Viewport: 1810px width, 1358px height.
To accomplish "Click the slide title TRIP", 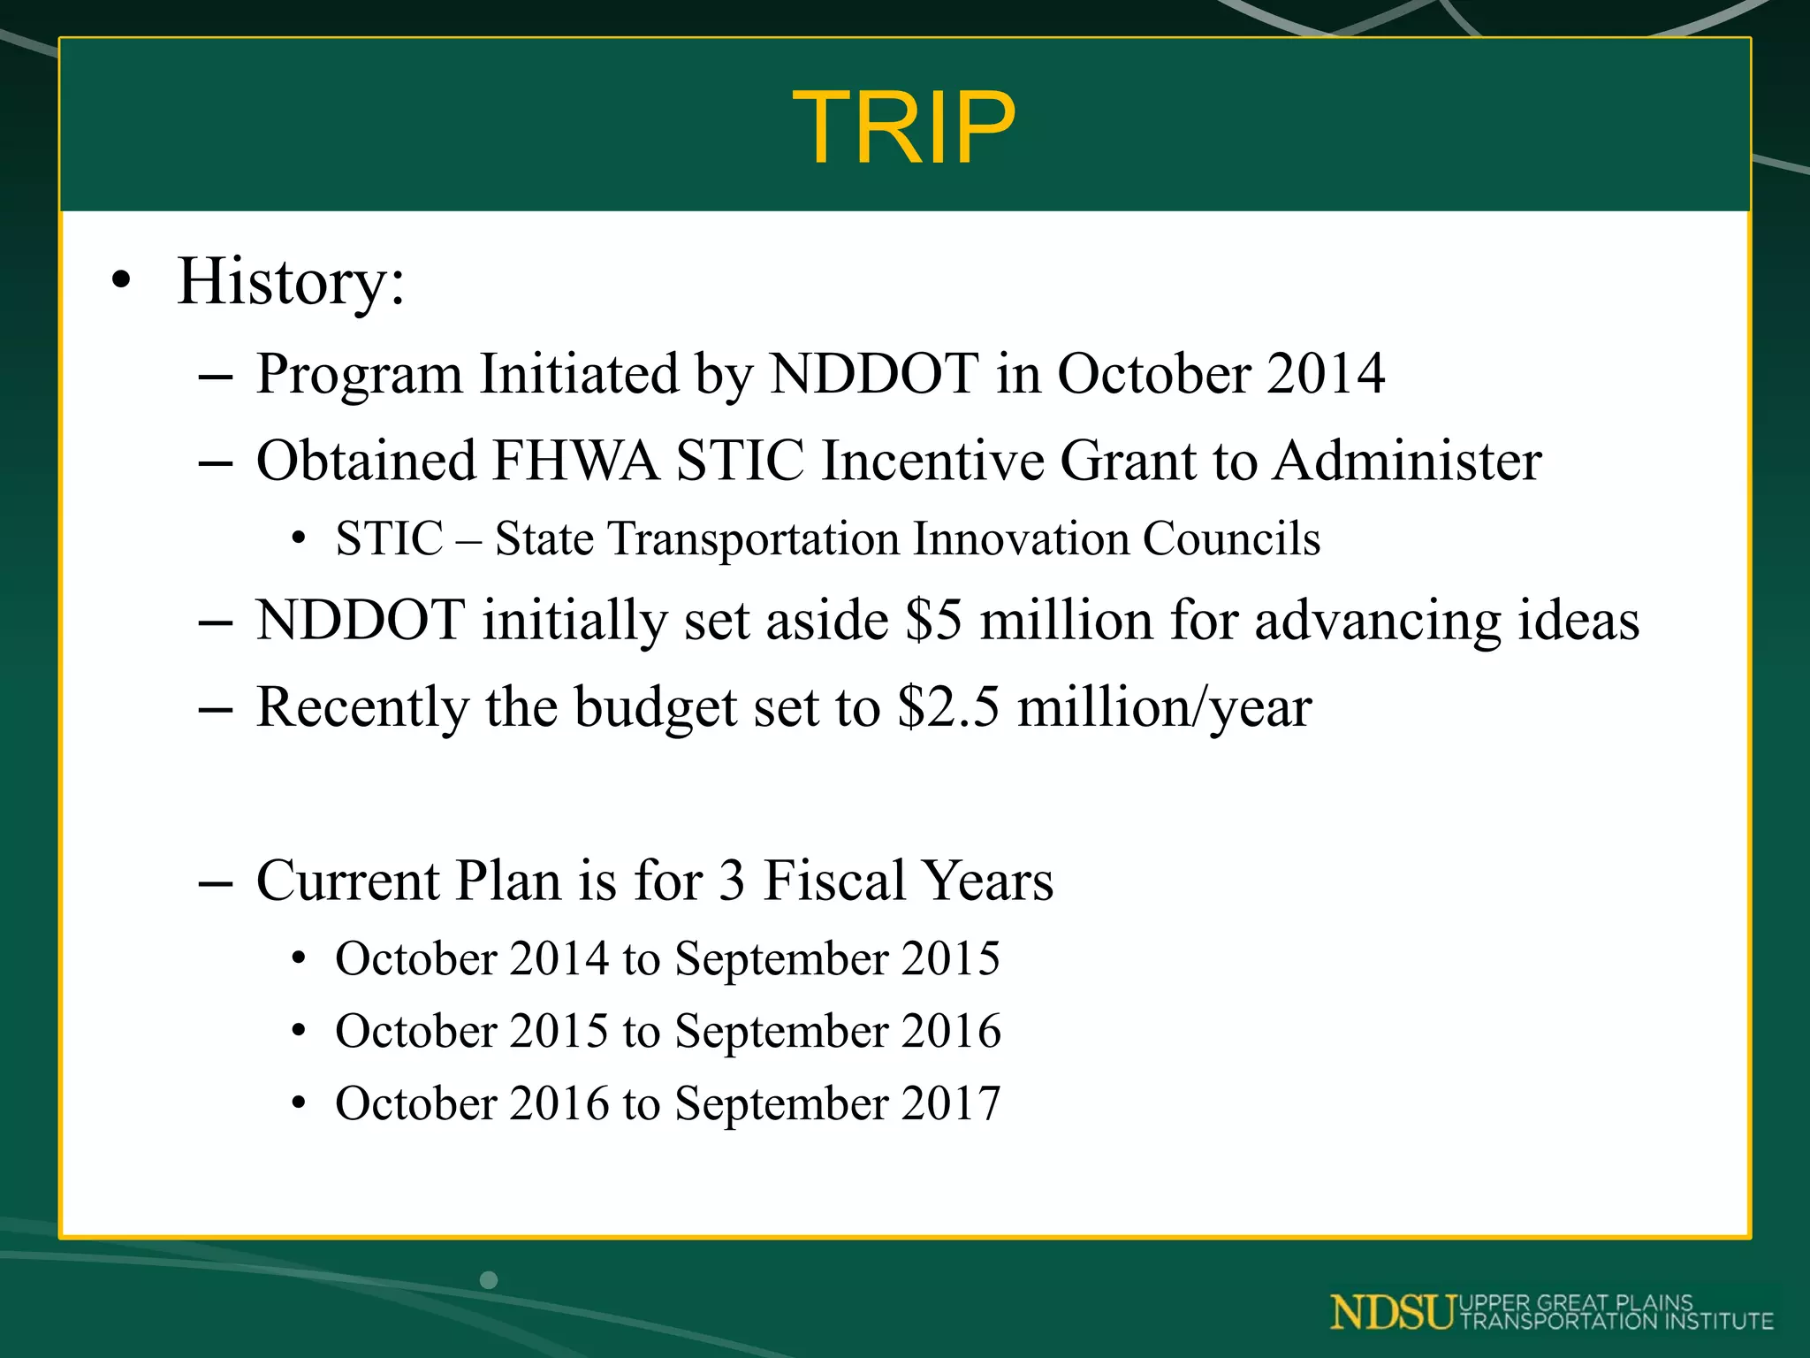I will pyautogui.click(x=903, y=128).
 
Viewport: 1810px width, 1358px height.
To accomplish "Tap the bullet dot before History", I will pyautogui.click(x=121, y=281).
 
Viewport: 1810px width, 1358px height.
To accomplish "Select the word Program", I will pyautogui.click(x=359, y=374).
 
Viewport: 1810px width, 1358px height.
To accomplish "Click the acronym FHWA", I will pyautogui.click(x=574, y=461).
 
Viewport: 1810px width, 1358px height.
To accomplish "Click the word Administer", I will pyautogui.click(x=1407, y=461).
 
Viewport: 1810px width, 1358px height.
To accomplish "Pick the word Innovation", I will pyautogui.click(x=1020, y=538).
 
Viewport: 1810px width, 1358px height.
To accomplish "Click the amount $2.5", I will pyautogui.click(x=948, y=707).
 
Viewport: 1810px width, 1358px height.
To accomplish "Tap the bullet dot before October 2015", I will pyautogui.click(x=300, y=1031).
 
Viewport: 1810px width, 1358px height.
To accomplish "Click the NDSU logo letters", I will pyautogui.click(x=1392, y=1312).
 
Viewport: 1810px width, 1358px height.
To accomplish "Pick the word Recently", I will pyautogui.click(x=362, y=707).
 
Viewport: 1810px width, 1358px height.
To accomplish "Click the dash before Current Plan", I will pyautogui.click(x=216, y=882).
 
